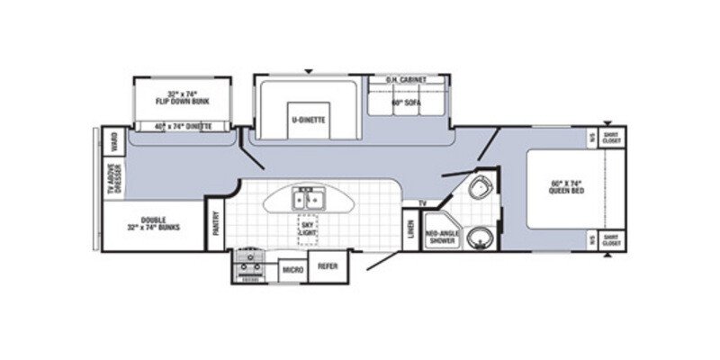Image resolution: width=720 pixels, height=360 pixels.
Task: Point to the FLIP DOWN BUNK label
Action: coord(182,97)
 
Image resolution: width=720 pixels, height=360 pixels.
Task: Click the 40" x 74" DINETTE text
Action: coord(183,127)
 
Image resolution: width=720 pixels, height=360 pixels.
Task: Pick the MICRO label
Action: coord(292,269)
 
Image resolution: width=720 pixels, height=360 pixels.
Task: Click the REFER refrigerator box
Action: coord(328,266)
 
